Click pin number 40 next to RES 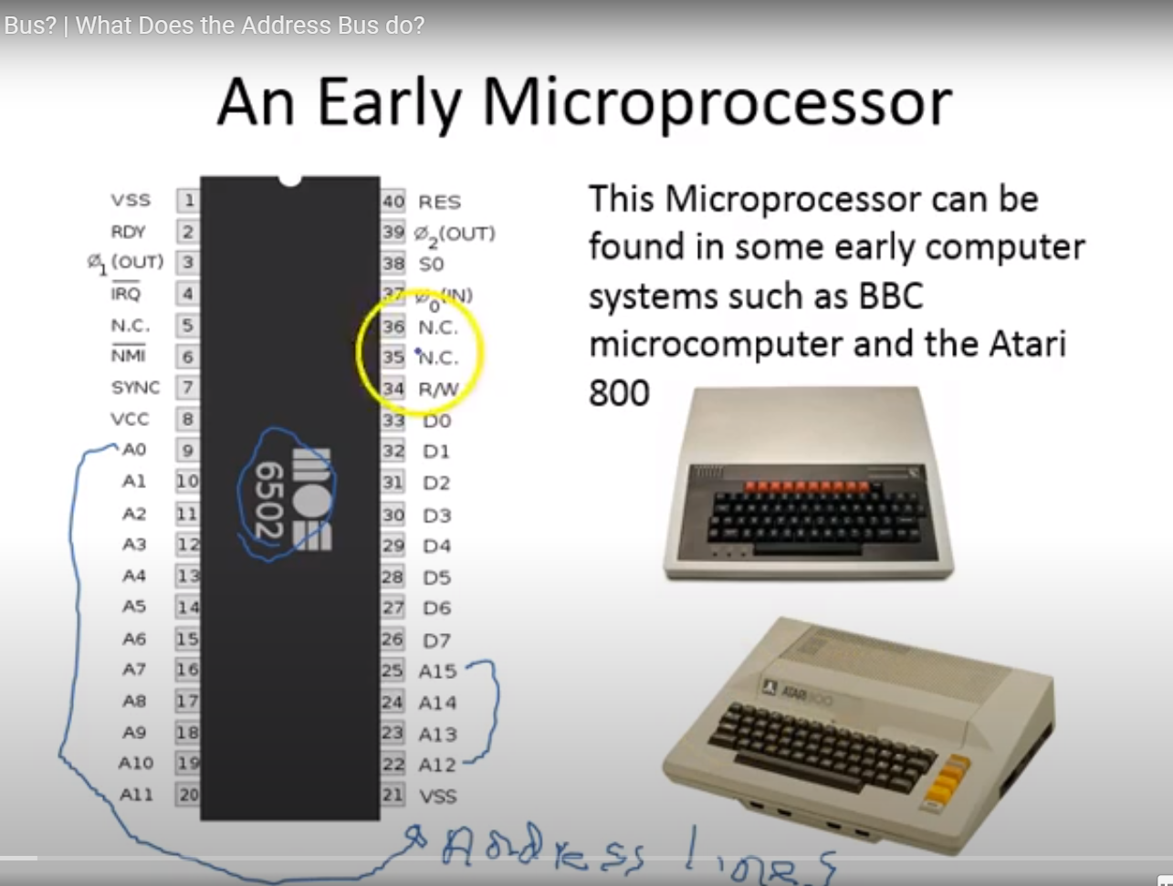point(393,202)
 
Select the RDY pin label point(129,232)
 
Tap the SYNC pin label point(135,388)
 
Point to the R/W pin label point(439,390)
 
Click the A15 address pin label point(437,672)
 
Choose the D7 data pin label point(436,641)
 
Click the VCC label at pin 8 point(130,420)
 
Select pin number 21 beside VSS point(393,796)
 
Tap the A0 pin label point(134,450)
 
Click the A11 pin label point(136,795)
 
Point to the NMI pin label point(129,356)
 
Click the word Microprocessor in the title point(717,102)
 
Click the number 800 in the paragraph point(619,394)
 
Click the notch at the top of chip point(289,181)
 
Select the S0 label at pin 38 point(431,264)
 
